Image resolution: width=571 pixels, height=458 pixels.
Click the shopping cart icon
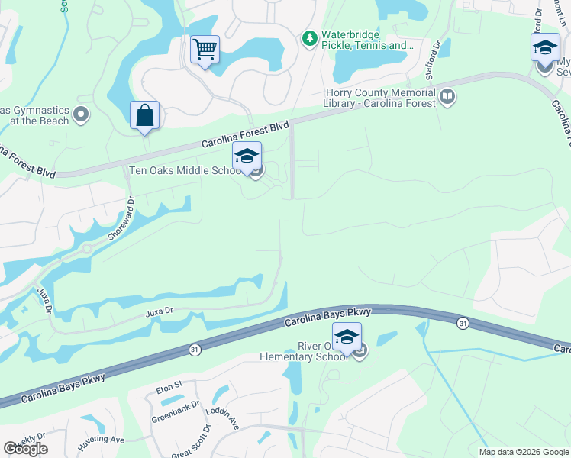205,50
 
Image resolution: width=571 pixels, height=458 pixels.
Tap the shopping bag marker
145,116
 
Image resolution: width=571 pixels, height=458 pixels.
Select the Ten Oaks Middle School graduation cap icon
247,156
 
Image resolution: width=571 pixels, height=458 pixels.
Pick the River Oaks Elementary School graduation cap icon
347,337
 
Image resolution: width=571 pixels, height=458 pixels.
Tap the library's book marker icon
447,97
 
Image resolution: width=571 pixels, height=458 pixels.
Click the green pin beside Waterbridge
309,37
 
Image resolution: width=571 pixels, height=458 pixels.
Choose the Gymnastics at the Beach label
34,115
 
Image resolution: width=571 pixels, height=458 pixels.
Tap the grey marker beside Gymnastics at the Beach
82,115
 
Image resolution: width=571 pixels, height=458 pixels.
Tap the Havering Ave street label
99,439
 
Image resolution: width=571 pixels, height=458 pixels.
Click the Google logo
25,449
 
